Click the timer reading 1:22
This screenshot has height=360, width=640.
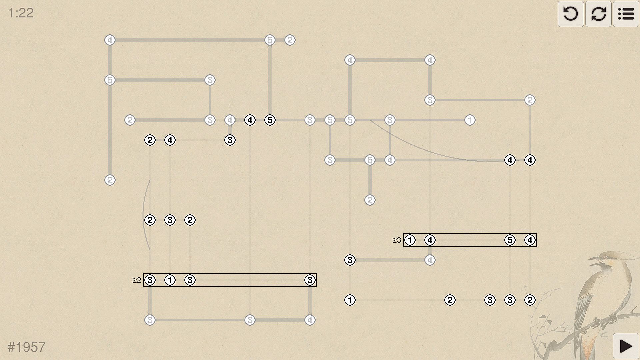tap(21, 13)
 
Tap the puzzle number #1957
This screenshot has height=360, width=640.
tap(26, 347)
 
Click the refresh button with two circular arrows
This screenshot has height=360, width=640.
tap(598, 14)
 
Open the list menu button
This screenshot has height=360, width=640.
tap(626, 14)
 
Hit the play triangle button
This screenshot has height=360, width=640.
tap(626, 346)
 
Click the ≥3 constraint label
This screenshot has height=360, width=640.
tap(397, 240)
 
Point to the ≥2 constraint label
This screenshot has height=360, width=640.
tap(137, 280)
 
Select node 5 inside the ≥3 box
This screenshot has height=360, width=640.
tap(510, 240)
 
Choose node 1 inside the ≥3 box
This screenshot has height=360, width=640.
tap(410, 240)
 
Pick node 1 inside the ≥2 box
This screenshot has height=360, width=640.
tap(170, 280)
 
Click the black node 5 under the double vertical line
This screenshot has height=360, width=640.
tap(270, 120)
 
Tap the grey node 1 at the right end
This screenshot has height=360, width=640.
tap(470, 120)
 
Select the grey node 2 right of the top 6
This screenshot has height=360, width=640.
tap(290, 40)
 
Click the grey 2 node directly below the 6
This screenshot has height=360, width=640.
tap(370, 200)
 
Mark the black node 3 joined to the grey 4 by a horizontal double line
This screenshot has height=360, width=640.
tap(350, 260)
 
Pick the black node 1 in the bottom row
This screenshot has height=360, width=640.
tap(350, 300)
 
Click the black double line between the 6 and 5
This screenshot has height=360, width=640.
tap(270, 80)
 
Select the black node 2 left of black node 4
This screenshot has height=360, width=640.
tap(150, 140)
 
